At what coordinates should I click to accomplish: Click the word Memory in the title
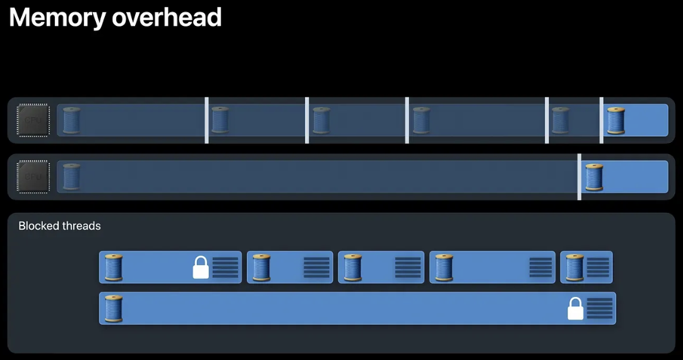[x=57, y=18]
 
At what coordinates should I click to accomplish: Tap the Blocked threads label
[x=60, y=225]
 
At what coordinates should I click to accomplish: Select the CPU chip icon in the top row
[x=33, y=120]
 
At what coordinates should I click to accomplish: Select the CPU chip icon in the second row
[x=33, y=177]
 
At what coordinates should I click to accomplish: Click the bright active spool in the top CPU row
[x=615, y=120]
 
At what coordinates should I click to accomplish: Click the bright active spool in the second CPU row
[x=594, y=177]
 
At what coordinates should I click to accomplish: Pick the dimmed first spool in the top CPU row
[x=71, y=120]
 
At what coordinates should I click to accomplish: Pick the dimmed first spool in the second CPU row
[x=71, y=177]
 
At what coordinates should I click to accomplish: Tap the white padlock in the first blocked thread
[x=201, y=267]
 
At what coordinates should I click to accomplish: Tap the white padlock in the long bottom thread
[x=575, y=308]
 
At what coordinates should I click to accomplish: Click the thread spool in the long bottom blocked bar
[x=114, y=308]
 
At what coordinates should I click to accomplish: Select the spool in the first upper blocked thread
[x=114, y=267]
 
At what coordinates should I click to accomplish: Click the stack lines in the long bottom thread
[x=600, y=308]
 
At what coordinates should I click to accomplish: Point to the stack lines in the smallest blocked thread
[x=598, y=267]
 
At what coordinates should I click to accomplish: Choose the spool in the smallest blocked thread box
[x=575, y=267]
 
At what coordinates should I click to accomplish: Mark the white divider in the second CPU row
[x=579, y=177]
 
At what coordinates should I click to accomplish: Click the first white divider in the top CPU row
[x=206, y=120]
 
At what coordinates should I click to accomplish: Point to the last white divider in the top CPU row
[x=601, y=120]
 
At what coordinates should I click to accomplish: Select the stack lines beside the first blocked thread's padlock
[x=225, y=267]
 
